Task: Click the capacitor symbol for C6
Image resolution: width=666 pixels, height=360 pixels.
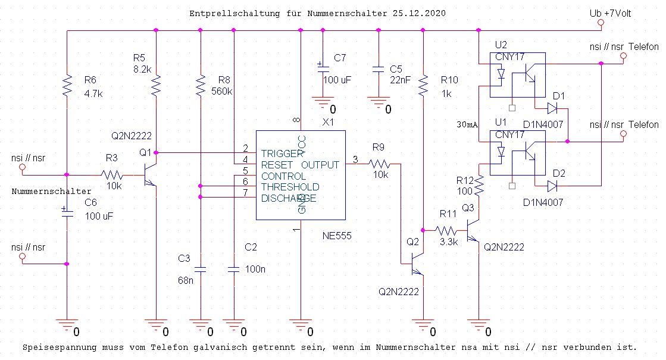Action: pos(67,212)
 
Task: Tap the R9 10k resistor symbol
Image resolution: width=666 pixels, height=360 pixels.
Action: pos(379,164)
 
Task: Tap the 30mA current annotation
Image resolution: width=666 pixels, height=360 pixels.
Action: pos(467,126)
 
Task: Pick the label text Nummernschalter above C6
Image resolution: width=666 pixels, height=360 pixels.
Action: pos(52,192)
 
